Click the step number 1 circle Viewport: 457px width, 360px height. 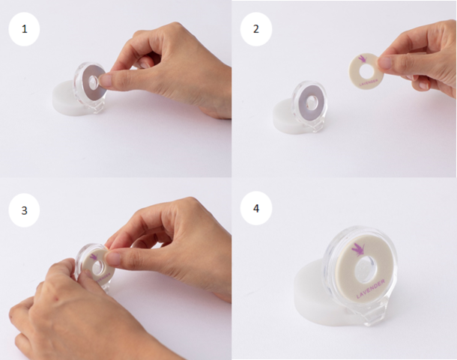pyautogui.click(x=24, y=29)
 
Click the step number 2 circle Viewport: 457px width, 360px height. pyautogui.click(x=256, y=29)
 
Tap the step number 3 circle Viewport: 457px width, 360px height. pyautogui.click(x=24, y=210)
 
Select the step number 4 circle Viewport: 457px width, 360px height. pyautogui.click(x=256, y=208)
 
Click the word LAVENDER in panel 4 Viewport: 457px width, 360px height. pyautogui.click(x=371, y=289)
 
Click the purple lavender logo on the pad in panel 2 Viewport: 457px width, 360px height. pyautogui.click(x=362, y=58)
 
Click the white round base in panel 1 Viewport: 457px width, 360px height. pyautogui.click(x=66, y=98)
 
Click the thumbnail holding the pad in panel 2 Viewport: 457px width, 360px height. pyautogui.click(x=385, y=62)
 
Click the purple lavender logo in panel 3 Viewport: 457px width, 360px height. pyautogui.click(x=94, y=257)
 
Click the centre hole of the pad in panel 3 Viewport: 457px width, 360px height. pyautogui.click(x=100, y=266)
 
